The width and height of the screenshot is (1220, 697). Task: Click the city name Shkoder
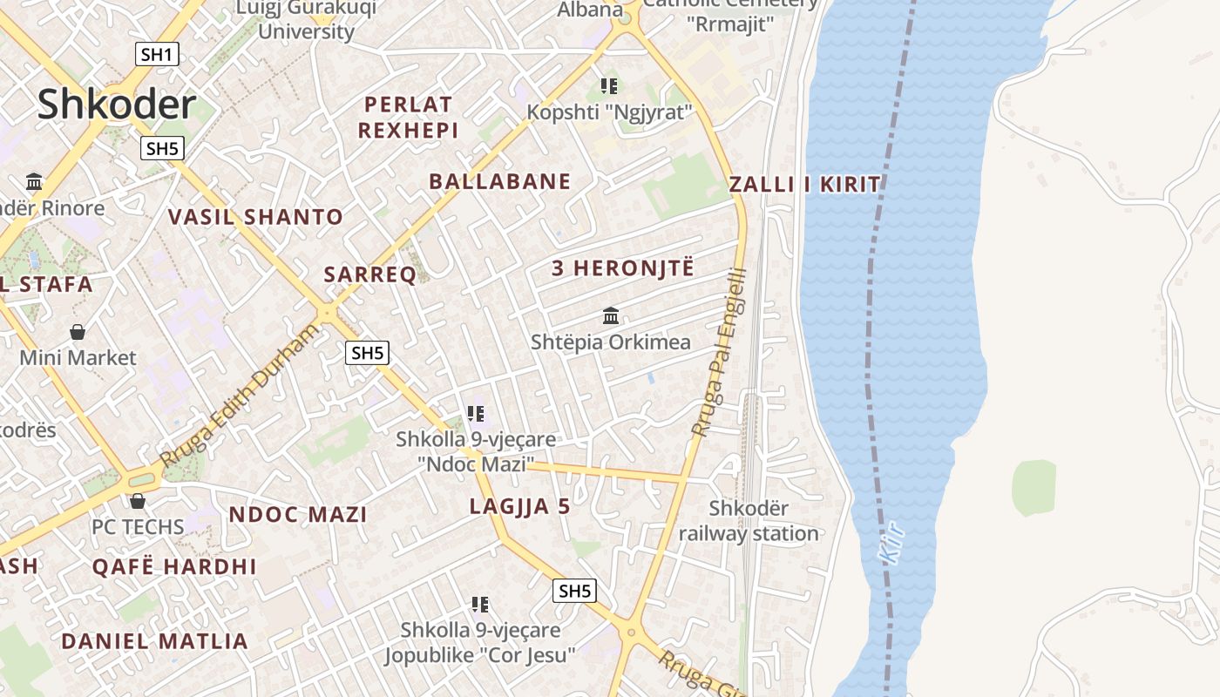tap(116, 105)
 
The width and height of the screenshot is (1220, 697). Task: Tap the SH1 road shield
tap(158, 55)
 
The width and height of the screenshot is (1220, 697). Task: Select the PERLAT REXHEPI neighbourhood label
tap(409, 118)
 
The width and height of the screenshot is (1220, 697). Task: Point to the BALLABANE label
tap(500, 181)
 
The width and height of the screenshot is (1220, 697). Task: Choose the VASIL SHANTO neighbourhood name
tap(255, 217)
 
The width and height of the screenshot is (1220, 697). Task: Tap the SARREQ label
tap(370, 275)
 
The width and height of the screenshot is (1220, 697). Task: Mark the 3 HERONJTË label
tap(623, 268)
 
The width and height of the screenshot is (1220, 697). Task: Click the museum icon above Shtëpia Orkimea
tap(611, 315)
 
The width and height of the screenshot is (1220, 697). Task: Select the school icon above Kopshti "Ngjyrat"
tap(609, 86)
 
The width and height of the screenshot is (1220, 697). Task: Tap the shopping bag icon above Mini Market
tap(78, 332)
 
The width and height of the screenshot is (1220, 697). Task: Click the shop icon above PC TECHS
tap(138, 501)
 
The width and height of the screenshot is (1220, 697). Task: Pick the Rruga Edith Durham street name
tap(241, 396)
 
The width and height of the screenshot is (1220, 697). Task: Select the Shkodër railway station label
tap(749, 521)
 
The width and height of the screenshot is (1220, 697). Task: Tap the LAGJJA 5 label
tap(519, 506)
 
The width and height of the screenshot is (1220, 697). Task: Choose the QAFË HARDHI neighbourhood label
tap(174, 566)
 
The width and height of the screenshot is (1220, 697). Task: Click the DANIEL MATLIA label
tap(154, 642)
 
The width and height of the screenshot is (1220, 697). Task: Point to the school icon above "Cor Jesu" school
tap(479, 604)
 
